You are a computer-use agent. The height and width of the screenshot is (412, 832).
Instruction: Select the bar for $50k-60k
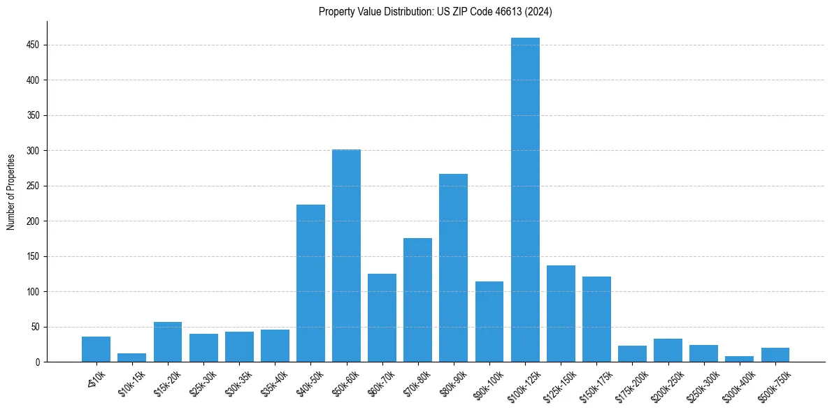tap(346, 256)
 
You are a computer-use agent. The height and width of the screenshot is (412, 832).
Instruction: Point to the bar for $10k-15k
tap(131, 358)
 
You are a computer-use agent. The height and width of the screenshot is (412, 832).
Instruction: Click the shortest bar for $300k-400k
tap(739, 359)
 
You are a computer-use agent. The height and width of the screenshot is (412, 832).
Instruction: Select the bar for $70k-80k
tap(417, 300)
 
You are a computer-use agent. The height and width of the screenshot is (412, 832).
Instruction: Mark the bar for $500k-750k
tap(775, 355)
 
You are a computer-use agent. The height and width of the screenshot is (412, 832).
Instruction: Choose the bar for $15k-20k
tap(168, 341)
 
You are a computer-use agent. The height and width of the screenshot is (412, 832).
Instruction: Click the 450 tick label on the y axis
tap(33, 45)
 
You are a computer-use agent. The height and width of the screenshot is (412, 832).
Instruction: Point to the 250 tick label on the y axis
tap(33, 186)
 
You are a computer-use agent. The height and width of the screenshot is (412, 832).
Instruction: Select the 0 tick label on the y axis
tap(38, 362)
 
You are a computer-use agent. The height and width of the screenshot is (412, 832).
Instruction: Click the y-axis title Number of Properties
tap(11, 192)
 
